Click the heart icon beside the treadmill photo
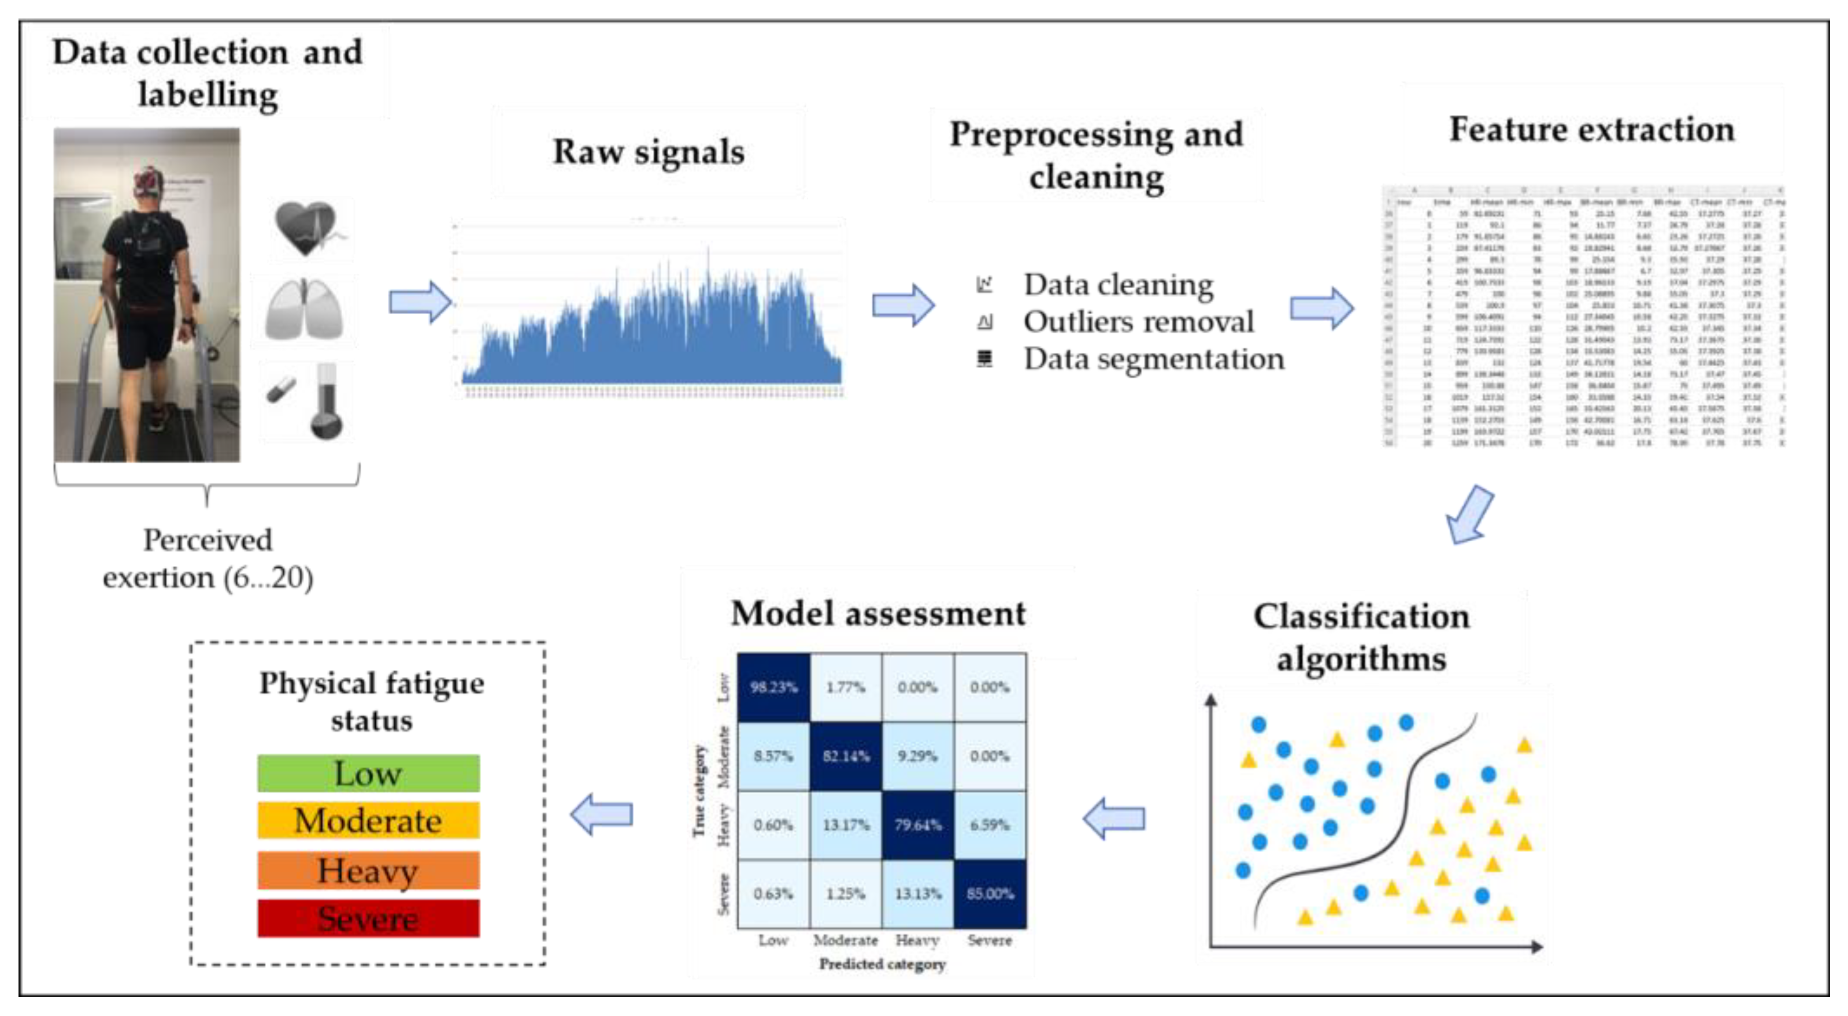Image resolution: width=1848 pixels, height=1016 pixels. coord(307,228)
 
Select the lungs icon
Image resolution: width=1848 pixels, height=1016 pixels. coord(304,310)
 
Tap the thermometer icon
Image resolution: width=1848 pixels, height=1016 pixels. coord(327,401)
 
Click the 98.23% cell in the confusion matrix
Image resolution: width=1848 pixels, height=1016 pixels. coord(773,687)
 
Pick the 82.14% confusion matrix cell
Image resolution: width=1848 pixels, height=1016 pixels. coord(846,756)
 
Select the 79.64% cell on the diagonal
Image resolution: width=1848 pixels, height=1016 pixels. coord(917,825)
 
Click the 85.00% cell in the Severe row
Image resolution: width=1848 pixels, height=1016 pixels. coord(990,894)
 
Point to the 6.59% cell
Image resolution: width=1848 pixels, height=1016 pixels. coord(990,825)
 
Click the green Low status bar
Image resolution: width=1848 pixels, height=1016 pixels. coord(368,773)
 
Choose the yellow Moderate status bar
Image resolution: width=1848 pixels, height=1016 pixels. coord(368,820)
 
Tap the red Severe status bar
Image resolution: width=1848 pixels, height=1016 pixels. coord(368,918)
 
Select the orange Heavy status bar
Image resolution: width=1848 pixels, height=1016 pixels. coord(368,870)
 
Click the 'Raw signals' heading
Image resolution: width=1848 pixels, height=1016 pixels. coord(648,152)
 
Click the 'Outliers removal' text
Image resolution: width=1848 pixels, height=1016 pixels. coord(1139,321)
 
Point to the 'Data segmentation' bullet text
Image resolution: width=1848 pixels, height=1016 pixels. coord(1153,359)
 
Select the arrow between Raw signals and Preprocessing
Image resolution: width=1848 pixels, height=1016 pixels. coord(902,306)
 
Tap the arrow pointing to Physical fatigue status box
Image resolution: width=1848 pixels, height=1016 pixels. coord(602,814)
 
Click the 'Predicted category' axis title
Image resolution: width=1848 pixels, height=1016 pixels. coord(883,963)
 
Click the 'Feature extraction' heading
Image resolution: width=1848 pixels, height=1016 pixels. coord(1591,130)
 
